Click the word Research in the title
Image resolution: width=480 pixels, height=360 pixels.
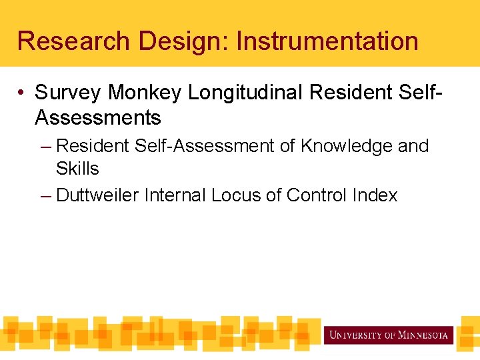click(x=74, y=41)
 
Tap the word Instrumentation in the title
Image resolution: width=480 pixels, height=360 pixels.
click(x=327, y=41)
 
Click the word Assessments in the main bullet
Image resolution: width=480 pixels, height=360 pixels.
click(x=98, y=118)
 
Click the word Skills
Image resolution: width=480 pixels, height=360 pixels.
click(x=77, y=169)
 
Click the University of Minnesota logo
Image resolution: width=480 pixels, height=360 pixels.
click(x=389, y=335)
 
